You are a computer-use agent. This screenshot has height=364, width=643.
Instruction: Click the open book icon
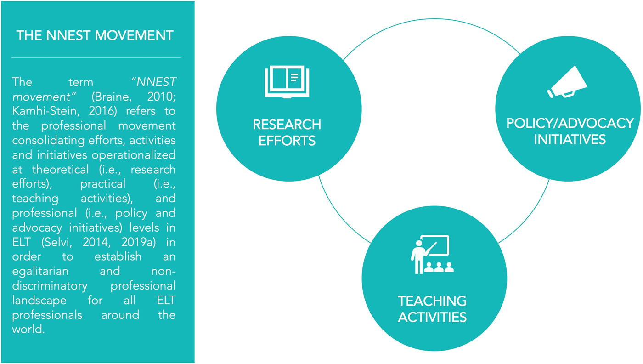(287, 81)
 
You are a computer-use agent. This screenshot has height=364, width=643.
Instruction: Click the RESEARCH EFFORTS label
(287, 132)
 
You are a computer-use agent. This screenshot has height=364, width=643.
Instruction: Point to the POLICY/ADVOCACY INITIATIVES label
(570, 131)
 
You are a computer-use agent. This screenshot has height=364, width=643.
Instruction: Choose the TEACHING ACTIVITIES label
(432, 309)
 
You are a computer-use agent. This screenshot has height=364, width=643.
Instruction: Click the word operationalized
(137, 155)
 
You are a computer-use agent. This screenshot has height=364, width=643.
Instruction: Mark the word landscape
(39, 301)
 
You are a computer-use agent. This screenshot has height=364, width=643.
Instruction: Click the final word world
(28, 330)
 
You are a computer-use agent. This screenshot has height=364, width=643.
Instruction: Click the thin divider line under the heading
(96, 58)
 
